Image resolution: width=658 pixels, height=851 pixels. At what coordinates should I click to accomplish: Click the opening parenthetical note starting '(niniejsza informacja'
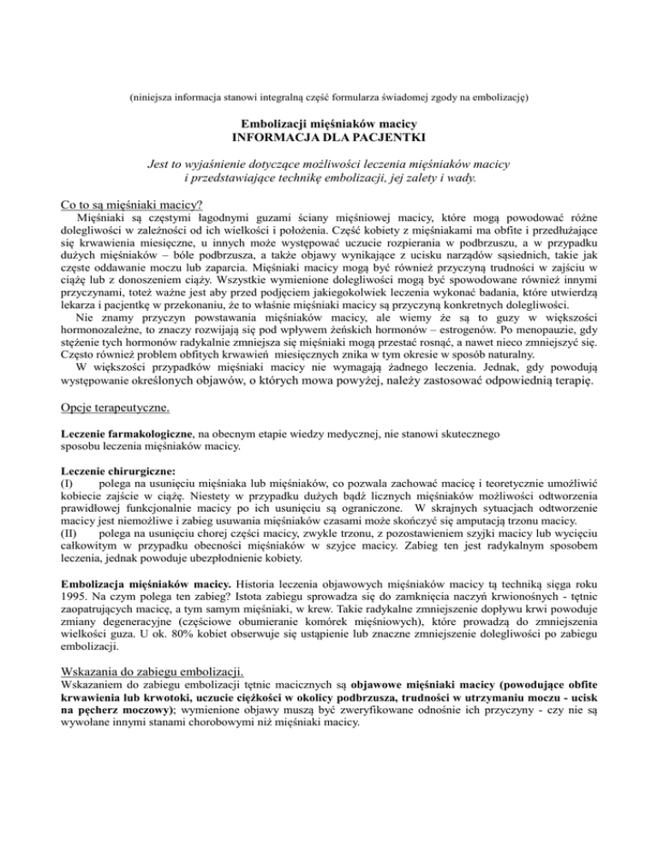click(x=330, y=98)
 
